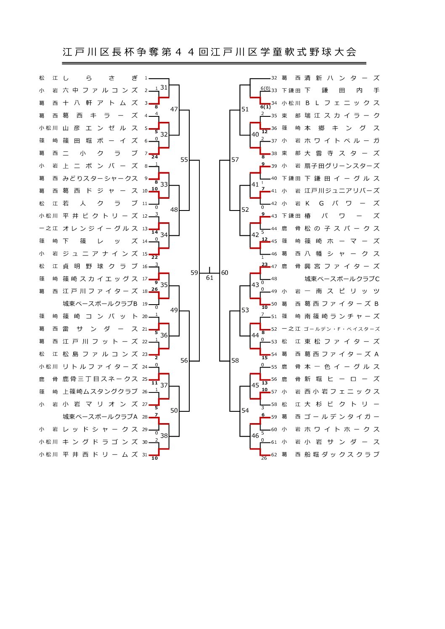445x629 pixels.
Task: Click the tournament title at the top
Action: coord(209,52)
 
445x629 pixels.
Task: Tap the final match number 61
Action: coord(209,278)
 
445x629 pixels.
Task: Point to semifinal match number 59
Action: coord(194,273)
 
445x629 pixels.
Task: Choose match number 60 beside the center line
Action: coord(225,273)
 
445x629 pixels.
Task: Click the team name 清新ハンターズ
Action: coord(342,78)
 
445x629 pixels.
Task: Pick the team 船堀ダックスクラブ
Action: coord(342,454)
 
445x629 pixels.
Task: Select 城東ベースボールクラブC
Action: coord(342,279)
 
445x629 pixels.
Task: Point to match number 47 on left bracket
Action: coord(174,109)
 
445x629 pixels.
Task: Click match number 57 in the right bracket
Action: coord(235,160)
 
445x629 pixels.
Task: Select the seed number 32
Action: coord(274,78)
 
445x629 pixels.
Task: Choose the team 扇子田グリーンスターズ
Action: coord(342,166)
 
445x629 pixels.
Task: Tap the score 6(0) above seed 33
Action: coord(265,88)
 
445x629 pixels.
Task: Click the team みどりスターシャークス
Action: coord(100,178)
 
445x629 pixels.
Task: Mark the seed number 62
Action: coord(274,454)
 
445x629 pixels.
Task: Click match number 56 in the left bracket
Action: coord(184,361)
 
